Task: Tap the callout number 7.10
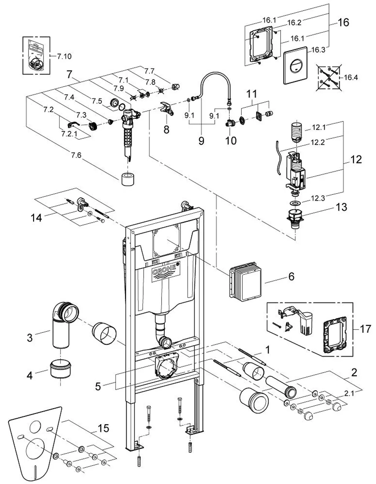tap(64, 56)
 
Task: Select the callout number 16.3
tap(318, 50)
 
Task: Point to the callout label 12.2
tap(318, 142)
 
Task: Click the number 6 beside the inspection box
tap(291, 276)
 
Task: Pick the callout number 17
tap(365, 329)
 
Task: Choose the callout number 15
tap(103, 428)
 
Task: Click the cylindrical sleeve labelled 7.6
tap(127, 179)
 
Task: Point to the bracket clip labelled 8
tap(167, 108)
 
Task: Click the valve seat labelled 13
tap(295, 218)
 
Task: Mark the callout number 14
tap(36, 217)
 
